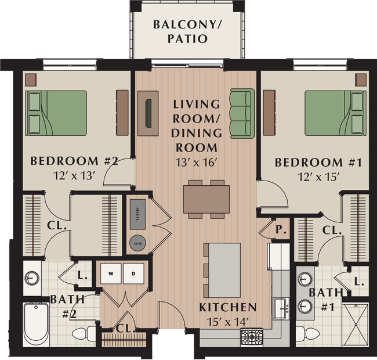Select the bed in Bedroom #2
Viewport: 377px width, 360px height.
click(x=56, y=113)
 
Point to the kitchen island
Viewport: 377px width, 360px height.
click(x=224, y=270)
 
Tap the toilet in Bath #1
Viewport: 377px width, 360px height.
click(x=304, y=334)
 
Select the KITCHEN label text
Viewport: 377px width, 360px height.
click(x=227, y=307)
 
